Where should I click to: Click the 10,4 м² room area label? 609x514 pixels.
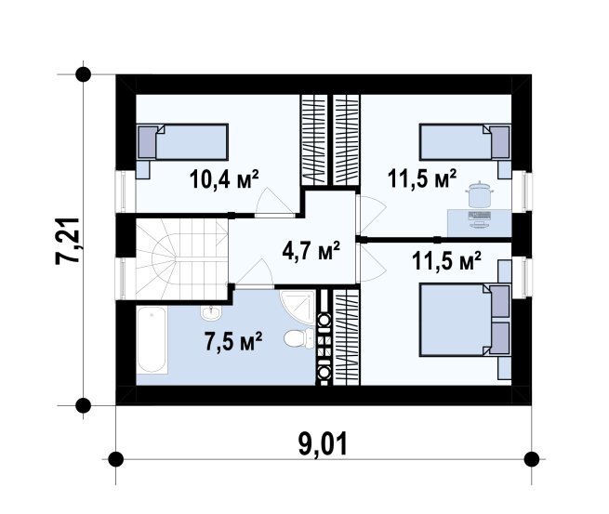click(224, 179)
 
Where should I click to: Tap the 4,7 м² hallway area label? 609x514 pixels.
click(311, 250)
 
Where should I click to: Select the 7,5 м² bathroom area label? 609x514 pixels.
click(233, 341)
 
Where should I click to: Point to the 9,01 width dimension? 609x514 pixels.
click(323, 444)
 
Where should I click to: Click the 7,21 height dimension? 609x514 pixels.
click(68, 241)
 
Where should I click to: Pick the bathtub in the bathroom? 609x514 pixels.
click(152, 340)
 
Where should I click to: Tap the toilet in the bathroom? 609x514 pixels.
click(298, 338)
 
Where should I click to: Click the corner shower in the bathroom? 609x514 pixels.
click(298, 308)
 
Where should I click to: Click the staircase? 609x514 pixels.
click(181, 259)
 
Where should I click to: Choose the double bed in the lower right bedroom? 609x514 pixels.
click(465, 320)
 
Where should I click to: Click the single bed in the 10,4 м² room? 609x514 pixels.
click(182, 142)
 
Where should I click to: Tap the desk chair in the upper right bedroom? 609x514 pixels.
click(481, 194)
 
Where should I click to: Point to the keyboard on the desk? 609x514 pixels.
click(480, 215)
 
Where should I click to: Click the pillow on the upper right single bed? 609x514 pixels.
click(500, 142)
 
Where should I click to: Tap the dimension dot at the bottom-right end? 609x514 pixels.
click(531, 459)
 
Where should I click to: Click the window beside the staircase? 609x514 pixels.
click(121, 278)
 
